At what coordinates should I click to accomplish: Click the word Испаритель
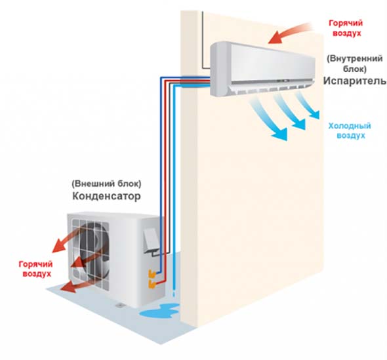[x=355, y=81]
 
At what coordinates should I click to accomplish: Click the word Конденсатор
[x=107, y=196]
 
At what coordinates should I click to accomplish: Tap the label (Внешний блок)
[x=107, y=184]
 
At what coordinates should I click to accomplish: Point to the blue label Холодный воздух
[x=350, y=130]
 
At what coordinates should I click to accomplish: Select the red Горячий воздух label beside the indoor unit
[x=346, y=28]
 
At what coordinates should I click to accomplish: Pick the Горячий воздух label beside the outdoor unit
[x=36, y=269]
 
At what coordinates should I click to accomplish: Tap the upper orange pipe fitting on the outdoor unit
[x=152, y=274]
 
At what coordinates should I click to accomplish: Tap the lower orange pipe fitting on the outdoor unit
[x=152, y=284]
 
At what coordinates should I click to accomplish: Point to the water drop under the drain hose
[x=174, y=294]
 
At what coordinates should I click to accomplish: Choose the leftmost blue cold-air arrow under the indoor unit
[x=269, y=119]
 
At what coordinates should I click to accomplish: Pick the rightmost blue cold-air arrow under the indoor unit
[x=307, y=104]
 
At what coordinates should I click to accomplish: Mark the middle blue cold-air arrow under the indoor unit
[x=290, y=111]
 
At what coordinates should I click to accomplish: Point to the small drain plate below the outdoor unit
[x=119, y=305]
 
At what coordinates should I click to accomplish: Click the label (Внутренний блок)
[x=355, y=64]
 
